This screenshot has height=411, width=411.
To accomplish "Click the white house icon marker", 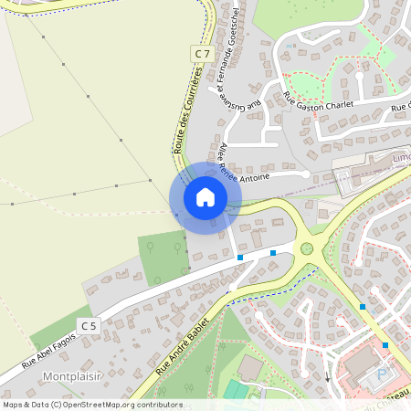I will pyautogui.click(x=205, y=197).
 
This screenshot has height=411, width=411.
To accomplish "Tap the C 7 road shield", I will pyautogui.click(x=202, y=54).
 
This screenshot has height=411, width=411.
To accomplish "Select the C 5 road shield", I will pyautogui.click(x=88, y=325).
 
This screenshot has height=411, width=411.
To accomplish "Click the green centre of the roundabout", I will pyautogui.click(x=307, y=248).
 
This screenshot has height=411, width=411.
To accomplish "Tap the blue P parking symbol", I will pyautogui.click(x=383, y=375).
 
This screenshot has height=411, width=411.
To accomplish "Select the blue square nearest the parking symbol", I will pyautogui.click(x=385, y=345).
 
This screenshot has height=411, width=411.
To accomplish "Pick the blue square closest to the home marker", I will pyautogui.click(x=240, y=258).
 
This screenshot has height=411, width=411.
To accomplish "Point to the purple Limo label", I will pyautogui.click(x=399, y=158).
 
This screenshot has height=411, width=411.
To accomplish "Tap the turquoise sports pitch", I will pyautogui.click(x=236, y=390).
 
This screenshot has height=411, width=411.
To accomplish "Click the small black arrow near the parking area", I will pyautogui.click(x=327, y=375).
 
